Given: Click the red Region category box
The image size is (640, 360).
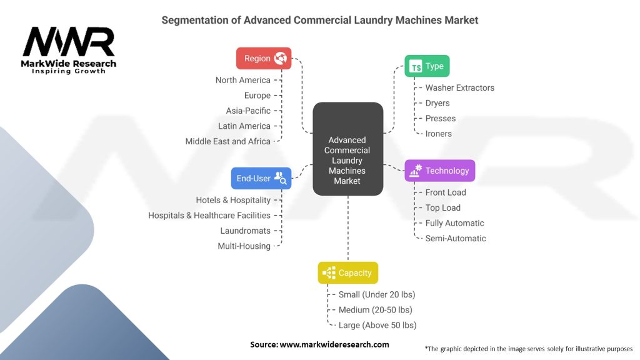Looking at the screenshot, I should (x=264, y=58).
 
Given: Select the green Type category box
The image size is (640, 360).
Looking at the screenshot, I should (x=427, y=66).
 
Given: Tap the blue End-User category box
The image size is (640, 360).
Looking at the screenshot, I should (x=261, y=178).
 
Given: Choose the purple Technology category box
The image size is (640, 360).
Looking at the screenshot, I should (x=440, y=171).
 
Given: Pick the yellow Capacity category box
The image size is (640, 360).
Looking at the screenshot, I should (x=347, y=272).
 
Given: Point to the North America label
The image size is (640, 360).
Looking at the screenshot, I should (x=243, y=80).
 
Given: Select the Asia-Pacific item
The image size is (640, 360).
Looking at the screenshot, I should (x=248, y=111).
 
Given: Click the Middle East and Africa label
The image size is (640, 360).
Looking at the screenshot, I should (x=228, y=141).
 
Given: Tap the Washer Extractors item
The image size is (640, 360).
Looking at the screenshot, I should (x=459, y=88).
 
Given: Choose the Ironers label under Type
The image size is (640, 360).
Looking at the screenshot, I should (x=438, y=134).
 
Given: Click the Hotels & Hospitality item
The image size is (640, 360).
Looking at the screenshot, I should (x=233, y=200).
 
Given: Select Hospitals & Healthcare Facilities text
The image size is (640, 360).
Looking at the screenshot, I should (x=209, y=215).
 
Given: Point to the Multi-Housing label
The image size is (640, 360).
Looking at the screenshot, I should (x=244, y=246).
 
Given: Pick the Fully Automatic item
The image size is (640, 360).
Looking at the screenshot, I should (x=454, y=223).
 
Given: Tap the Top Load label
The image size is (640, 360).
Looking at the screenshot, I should (x=442, y=207).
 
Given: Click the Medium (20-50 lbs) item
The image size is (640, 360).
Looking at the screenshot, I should (x=375, y=309).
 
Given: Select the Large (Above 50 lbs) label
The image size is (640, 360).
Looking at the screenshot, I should (x=377, y=325).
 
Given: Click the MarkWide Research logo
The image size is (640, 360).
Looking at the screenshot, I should (x=69, y=50).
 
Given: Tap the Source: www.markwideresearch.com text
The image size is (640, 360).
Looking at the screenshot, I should (x=319, y=344).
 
